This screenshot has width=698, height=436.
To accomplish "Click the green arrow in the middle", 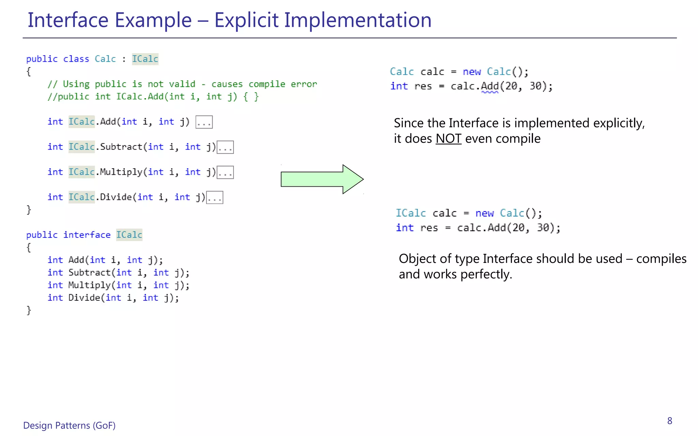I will [320, 179].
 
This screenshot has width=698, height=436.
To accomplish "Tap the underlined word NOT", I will [448, 139].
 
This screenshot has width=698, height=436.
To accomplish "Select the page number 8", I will [669, 421].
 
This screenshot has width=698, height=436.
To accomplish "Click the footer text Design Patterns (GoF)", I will [69, 425].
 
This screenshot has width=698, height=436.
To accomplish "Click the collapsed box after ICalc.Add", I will [204, 122].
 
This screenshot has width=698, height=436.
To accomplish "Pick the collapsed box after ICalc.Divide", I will [214, 198].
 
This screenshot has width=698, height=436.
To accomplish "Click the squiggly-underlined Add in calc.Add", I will [490, 86].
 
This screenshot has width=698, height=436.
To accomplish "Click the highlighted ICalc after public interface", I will [129, 235].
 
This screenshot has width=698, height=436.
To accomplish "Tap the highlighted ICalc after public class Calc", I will [145, 59].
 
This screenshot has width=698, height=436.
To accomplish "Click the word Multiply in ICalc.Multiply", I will [121, 172].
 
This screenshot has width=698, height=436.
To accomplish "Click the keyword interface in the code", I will [87, 235].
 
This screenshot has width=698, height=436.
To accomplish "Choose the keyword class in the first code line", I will [76, 59].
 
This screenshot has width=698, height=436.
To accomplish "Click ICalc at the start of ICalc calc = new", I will [411, 213].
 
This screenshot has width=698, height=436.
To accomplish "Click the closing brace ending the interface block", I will [29, 310].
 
